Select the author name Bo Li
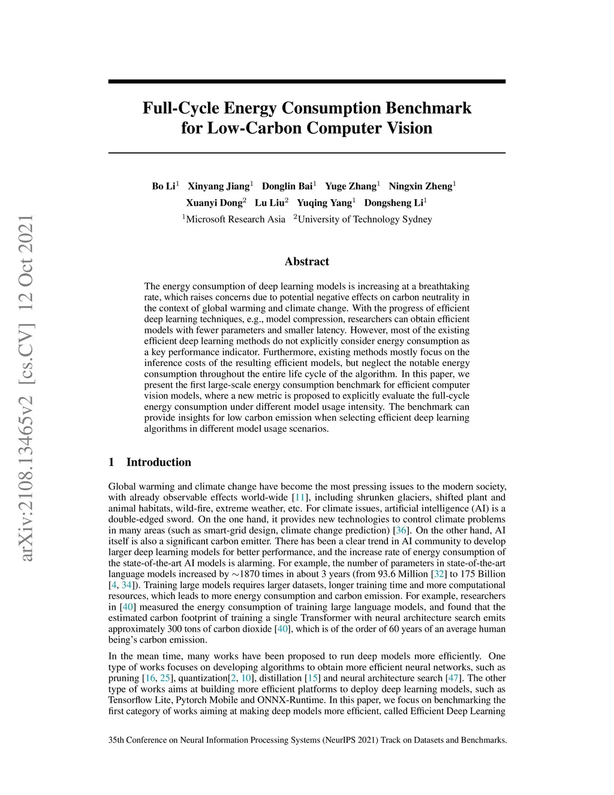pyautogui.click(x=163, y=186)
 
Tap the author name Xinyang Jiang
pyautogui.click(x=218, y=186)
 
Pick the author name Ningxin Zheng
pyautogui.click(x=420, y=186)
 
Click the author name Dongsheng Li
pyautogui.click(x=393, y=203)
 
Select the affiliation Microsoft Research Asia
pyautogui.click(x=235, y=219)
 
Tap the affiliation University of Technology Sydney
pyautogui.click(x=365, y=219)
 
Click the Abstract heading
pyautogui.click(x=306, y=262)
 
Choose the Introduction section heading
pyautogui.click(x=158, y=462)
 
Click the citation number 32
pyautogui.click(x=439, y=574)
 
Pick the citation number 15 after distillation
pyautogui.click(x=313, y=678)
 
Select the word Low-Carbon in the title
pyautogui.click(x=254, y=128)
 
